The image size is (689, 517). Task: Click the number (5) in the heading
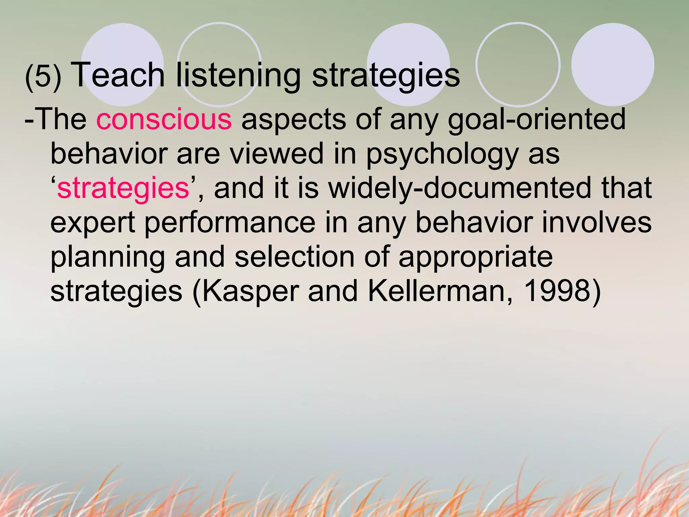coord(43,77)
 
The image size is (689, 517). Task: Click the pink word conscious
coord(164,119)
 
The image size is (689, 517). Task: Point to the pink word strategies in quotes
coord(123,188)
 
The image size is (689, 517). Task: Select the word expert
coord(93,223)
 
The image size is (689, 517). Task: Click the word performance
coord(230,223)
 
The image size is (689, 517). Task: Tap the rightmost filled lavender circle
coord(613,64)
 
